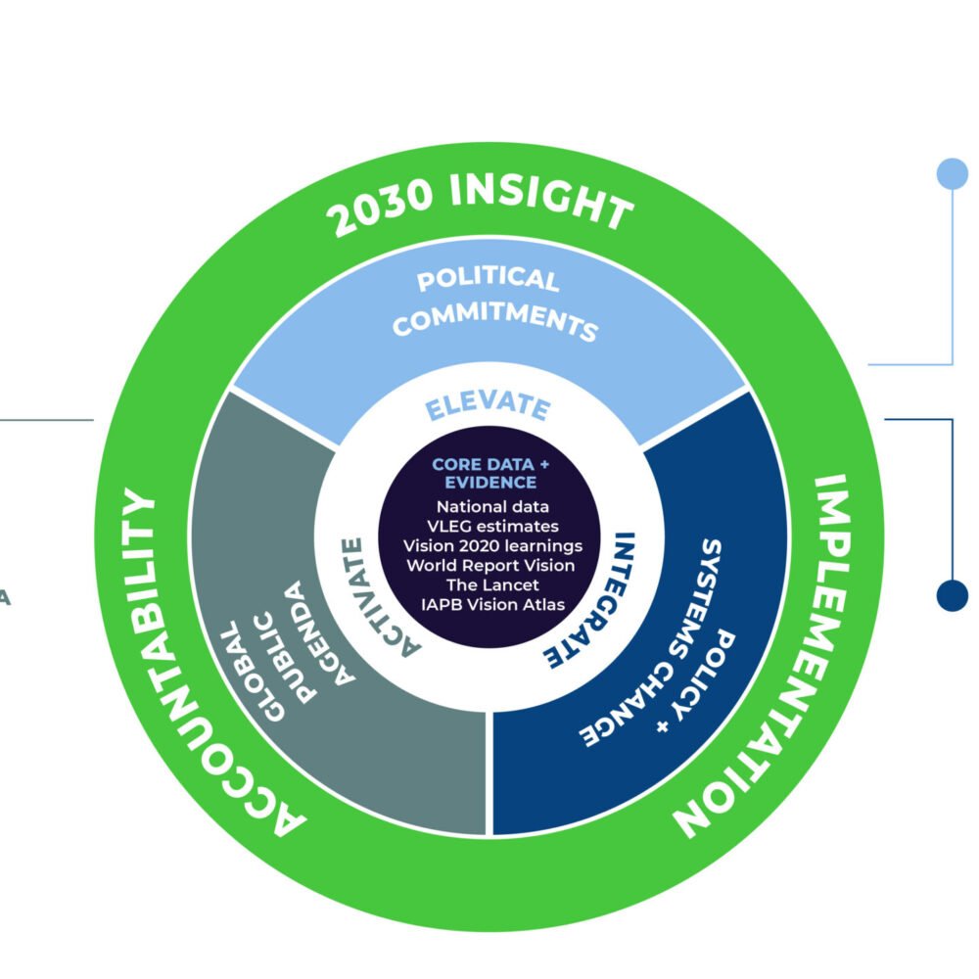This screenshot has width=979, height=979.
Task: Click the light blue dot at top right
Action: (953, 173)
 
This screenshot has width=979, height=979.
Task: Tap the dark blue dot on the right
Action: (953, 595)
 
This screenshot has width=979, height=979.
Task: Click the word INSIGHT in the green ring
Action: (541, 200)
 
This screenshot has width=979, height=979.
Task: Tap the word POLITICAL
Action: (488, 278)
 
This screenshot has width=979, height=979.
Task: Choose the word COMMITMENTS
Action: (494, 319)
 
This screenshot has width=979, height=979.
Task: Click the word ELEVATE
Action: (488, 406)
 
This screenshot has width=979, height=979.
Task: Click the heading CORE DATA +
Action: (490, 464)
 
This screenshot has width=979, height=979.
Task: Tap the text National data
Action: (492, 506)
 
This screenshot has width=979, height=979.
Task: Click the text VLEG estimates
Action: (492, 527)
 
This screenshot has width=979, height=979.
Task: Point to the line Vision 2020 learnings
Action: (492, 546)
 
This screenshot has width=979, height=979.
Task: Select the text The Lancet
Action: (492, 585)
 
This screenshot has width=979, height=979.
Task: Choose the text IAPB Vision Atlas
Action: (492, 604)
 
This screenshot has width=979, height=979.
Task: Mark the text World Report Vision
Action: (490, 566)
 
